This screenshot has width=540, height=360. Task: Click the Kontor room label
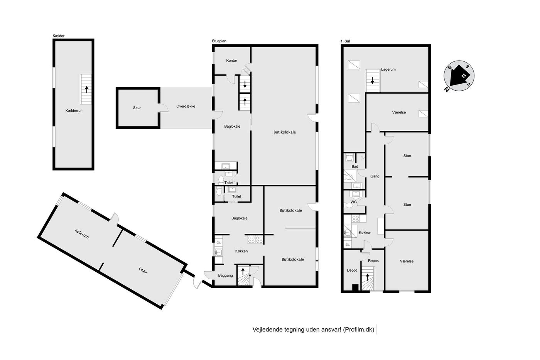pos(231,61)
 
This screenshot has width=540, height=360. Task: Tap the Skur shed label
pos(137,108)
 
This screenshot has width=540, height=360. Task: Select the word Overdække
pos(186,106)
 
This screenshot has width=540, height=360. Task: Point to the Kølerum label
pos(82,234)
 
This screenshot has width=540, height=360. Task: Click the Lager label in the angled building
pos(143,270)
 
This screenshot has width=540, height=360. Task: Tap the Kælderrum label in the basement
pos(74,111)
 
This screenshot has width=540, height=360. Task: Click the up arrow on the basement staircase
pos(86,90)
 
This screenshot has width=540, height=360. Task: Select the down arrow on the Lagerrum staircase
pos(373,80)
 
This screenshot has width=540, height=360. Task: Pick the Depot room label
pos(352,270)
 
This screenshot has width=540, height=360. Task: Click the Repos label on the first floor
pos(373,261)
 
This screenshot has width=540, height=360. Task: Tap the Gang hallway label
pos(375,176)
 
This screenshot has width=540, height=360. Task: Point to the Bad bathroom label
pos(354,166)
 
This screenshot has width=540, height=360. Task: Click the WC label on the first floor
pos(353,202)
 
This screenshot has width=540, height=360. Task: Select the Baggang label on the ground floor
pos(225,275)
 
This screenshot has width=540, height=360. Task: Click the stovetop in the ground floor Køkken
pos(255,240)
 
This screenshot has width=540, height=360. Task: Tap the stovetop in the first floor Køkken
pos(356,219)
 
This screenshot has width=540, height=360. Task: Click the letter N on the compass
pos(446,90)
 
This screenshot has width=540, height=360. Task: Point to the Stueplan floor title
pos(219,41)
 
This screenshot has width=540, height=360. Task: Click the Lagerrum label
pos(388,69)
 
